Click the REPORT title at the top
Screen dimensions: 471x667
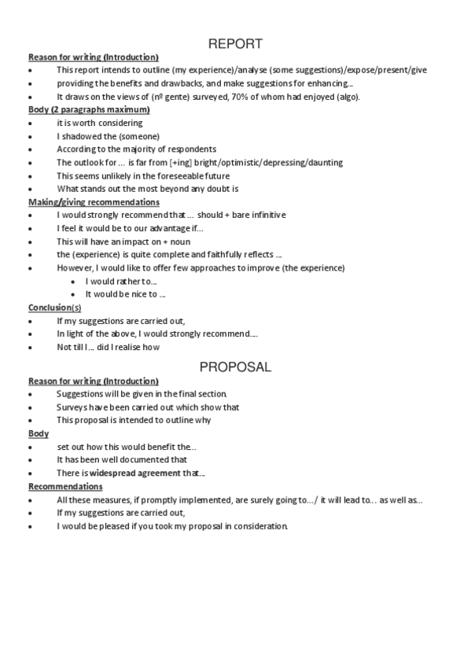pyautogui.click(x=235, y=44)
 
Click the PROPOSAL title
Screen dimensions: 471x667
pyautogui.click(x=235, y=367)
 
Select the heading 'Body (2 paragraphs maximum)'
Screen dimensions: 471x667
pyautogui.click(x=89, y=109)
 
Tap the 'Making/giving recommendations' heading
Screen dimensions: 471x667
pyautogui.click(x=93, y=202)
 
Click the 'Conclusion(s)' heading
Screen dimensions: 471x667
pyautogui.click(x=54, y=308)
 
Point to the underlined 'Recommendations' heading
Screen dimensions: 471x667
pyautogui.click(x=65, y=486)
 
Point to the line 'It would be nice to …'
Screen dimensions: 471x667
pyautogui.click(x=125, y=294)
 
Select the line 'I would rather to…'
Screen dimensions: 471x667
pyautogui.click(x=121, y=281)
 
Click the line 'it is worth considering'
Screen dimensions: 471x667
pyautogui.click(x=99, y=123)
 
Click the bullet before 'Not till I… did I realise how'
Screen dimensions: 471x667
pyautogui.click(x=31, y=347)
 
